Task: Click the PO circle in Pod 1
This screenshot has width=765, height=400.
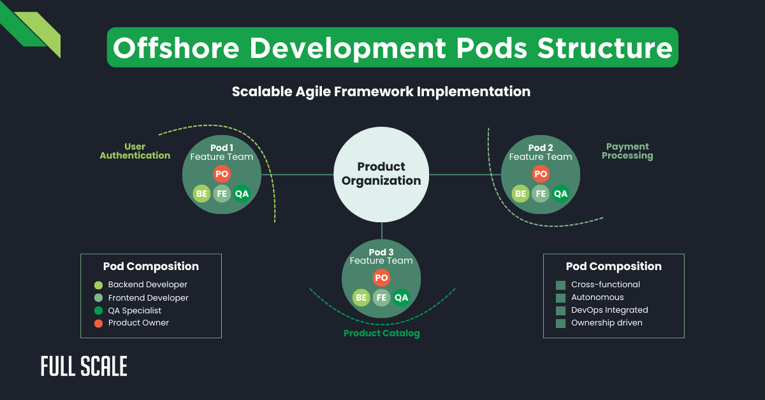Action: pyautogui.click(x=221, y=174)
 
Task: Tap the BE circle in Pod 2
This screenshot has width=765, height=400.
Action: pyautogui.click(x=520, y=194)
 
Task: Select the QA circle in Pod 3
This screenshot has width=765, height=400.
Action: pyautogui.click(x=401, y=297)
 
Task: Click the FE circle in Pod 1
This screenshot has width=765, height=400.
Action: pyautogui.click(x=222, y=194)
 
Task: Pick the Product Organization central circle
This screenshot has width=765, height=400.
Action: pyautogui.click(x=381, y=174)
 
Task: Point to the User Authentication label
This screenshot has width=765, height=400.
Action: pyautogui.click(x=135, y=151)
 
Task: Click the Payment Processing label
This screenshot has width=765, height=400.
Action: pyautogui.click(x=627, y=151)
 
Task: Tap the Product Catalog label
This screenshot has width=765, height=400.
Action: pyautogui.click(x=381, y=333)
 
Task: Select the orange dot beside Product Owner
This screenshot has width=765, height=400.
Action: pyautogui.click(x=98, y=323)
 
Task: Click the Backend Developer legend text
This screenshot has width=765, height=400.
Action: pyautogui.click(x=147, y=285)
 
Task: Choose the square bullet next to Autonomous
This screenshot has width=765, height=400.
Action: pyautogui.click(x=560, y=298)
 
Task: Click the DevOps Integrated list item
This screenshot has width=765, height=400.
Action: pyautogui.click(x=609, y=310)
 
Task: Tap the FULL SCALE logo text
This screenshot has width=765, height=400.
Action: pyautogui.click(x=84, y=366)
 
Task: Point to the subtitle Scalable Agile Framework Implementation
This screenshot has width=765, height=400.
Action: pyautogui.click(x=381, y=92)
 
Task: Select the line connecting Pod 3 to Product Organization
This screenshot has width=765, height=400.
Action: pyautogui.click(x=381, y=231)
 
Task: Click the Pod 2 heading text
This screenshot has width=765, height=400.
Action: pyautogui.click(x=541, y=148)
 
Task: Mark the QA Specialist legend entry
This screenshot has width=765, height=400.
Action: pyautogui.click(x=135, y=310)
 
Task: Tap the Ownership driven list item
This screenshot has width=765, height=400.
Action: pyautogui.click(x=606, y=323)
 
